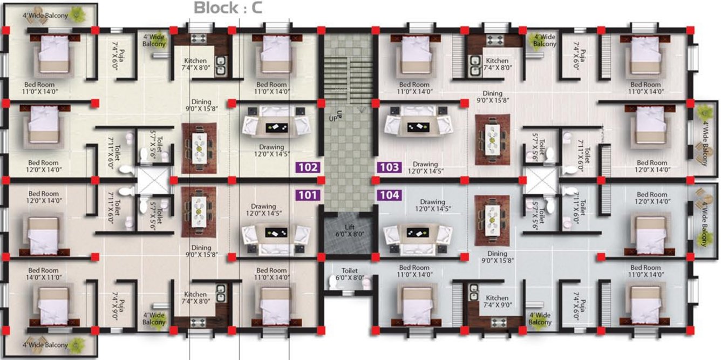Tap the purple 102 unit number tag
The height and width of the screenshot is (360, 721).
[308, 167]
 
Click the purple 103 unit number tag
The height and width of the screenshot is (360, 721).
[389, 167]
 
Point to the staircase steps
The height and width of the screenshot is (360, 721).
[348, 70]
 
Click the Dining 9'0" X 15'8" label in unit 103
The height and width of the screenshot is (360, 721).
[493, 98]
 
